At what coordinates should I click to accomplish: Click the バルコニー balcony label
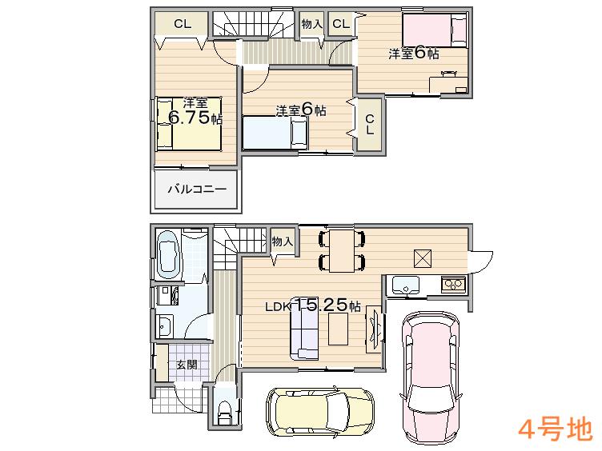[196, 190]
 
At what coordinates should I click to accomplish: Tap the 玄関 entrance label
[187, 365]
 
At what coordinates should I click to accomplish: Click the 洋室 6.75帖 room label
[195, 111]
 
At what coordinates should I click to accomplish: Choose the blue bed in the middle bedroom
[276, 133]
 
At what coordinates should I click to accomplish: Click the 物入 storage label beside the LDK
[282, 241]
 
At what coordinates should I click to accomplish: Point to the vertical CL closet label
[370, 125]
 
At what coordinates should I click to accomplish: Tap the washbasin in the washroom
[165, 325]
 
